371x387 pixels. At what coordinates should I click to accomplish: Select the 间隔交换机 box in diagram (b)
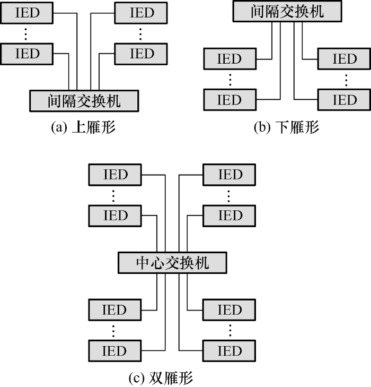point(287,12)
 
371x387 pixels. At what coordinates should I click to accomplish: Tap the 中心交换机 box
point(173,263)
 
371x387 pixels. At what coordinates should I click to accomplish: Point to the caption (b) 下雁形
point(287,128)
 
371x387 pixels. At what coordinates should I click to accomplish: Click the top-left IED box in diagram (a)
point(28,12)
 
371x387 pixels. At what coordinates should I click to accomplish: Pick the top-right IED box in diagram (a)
point(142,12)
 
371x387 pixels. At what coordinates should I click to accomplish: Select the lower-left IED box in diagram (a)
point(28,53)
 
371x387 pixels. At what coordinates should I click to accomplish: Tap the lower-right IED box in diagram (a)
point(142,53)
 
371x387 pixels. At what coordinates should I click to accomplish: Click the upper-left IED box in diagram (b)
point(229,58)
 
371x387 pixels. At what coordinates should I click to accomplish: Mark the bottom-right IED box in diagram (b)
point(344,99)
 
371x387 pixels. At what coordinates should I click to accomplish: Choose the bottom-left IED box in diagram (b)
point(229,99)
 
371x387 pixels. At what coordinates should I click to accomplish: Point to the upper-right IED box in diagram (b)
point(344,58)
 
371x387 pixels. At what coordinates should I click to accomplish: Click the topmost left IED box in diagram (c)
point(115,174)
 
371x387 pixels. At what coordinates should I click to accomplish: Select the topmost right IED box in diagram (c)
point(229,174)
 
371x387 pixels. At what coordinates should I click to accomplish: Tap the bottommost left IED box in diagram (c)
point(115,350)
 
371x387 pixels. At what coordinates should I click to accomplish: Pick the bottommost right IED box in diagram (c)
point(229,350)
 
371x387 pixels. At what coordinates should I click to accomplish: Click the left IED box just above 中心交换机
point(115,215)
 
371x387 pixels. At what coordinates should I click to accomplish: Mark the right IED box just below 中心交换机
point(229,309)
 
